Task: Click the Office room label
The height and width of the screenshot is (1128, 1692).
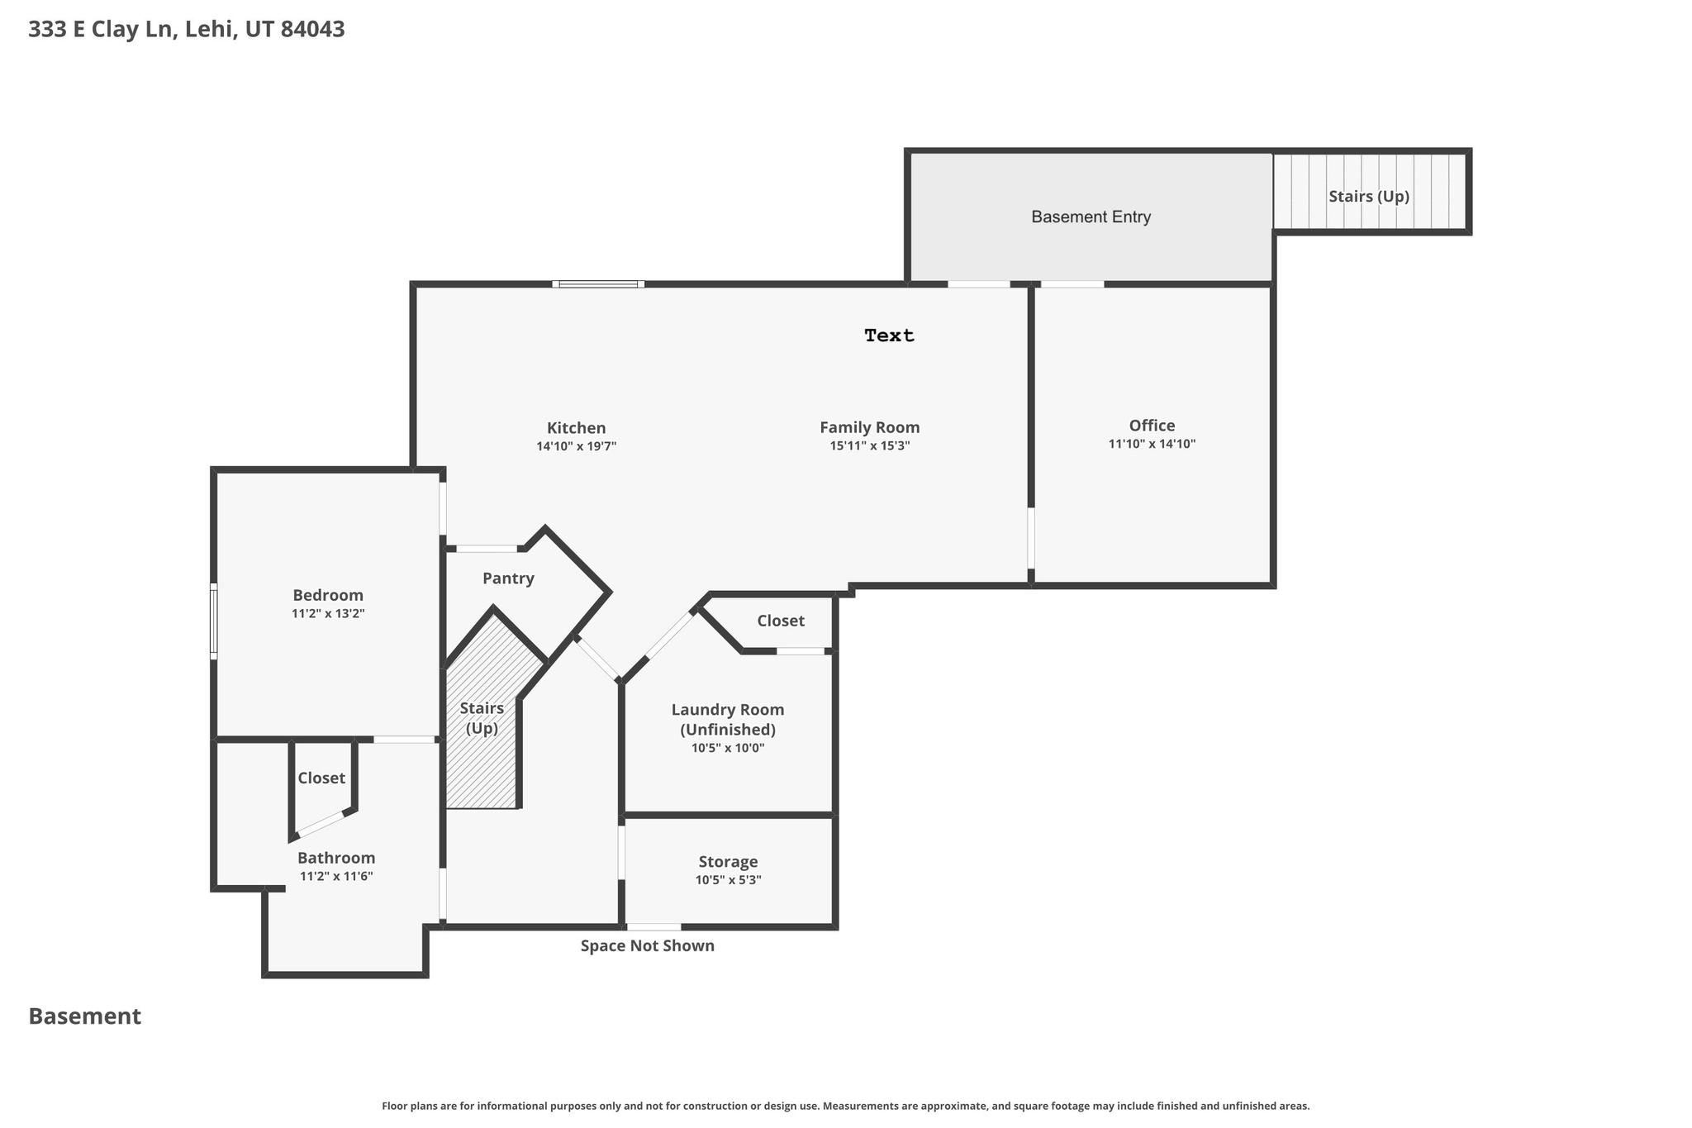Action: (1152, 426)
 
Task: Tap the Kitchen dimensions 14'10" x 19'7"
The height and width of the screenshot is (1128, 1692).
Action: (576, 446)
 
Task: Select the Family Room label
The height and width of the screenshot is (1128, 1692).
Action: (869, 427)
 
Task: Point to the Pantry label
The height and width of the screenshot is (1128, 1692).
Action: (508, 578)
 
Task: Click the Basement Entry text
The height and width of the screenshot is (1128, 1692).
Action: (1091, 217)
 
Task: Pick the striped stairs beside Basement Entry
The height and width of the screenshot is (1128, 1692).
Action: (1370, 193)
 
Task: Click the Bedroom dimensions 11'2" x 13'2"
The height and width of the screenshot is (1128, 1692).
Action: (328, 614)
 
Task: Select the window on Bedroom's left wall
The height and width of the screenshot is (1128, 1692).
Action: (213, 621)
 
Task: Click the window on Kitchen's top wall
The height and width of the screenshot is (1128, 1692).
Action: (598, 284)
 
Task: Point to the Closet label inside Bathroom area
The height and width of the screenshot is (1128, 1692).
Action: (321, 778)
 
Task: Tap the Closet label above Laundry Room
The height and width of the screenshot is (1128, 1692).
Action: (781, 621)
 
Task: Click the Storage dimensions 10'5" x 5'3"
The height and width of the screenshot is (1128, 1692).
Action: (728, 880)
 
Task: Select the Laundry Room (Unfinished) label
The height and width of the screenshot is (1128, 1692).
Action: (728, 720)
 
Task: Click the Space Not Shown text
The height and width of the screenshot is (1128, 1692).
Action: (647, 945)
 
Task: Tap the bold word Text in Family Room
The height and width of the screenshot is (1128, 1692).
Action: (889, 336)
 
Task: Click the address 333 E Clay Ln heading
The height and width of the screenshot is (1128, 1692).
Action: (187, 30)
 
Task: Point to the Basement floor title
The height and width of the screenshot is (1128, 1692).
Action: (85, 1016)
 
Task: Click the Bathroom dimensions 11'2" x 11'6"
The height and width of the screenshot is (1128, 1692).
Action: (336, 877)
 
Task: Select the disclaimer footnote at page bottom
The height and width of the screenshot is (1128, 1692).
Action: (845, 1106)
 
